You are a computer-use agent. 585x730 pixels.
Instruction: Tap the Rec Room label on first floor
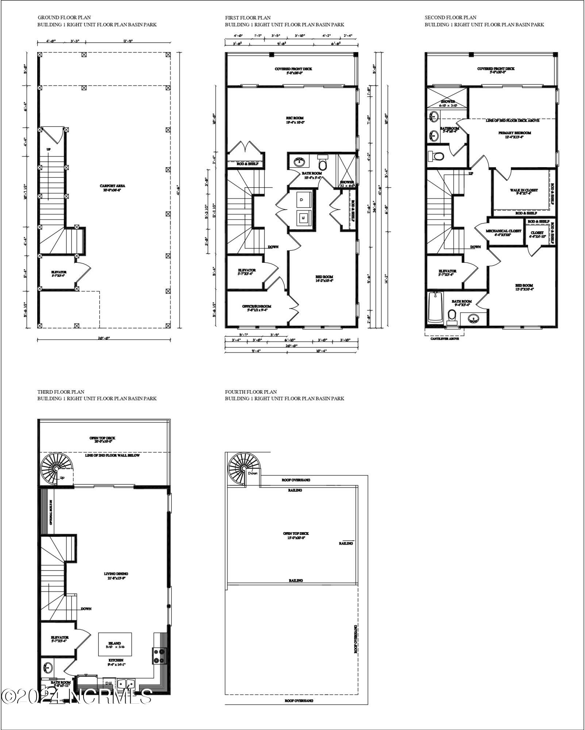[x=295, y=120]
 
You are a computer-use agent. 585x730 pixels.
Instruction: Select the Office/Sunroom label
[x=257, y=308]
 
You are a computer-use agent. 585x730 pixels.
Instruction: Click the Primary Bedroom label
[x=515, y=135]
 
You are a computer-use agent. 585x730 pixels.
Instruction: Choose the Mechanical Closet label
[x=503, y=233]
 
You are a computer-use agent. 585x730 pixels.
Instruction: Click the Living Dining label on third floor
[x=116, y=576]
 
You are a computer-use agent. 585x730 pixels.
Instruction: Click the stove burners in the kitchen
[x=159, y=656]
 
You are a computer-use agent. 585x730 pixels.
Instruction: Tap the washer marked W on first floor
[x=303, y=218]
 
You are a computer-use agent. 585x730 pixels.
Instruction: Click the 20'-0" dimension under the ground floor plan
[x=104, y=338]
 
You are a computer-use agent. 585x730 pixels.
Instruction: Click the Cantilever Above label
[x=444, y=338]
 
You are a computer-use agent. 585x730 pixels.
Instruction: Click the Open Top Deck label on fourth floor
[x=296, y=535]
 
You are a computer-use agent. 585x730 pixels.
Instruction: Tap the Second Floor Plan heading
[x=450, y=18]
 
